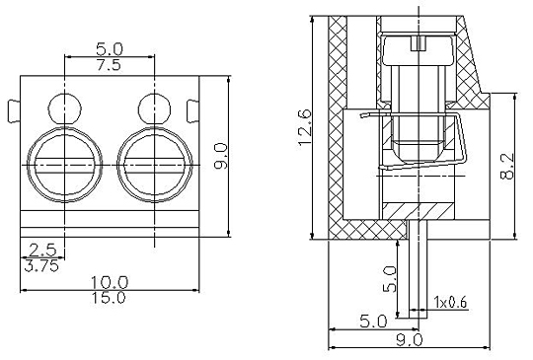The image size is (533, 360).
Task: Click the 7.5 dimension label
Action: pos(109,64)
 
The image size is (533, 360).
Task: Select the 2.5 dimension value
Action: pos(42,251)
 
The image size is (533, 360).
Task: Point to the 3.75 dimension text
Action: pos(41,266)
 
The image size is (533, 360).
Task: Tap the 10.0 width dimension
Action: pos(110,282)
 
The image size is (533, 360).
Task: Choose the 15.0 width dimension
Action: pos(109,298)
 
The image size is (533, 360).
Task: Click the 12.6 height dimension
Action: pos(304,126)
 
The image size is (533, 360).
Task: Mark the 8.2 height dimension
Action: pos(507,166)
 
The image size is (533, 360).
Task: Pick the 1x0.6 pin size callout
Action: pos(450,302)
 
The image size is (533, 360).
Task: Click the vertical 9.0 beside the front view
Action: pos(221,156)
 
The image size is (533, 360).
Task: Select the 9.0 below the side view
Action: pos(409,339)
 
